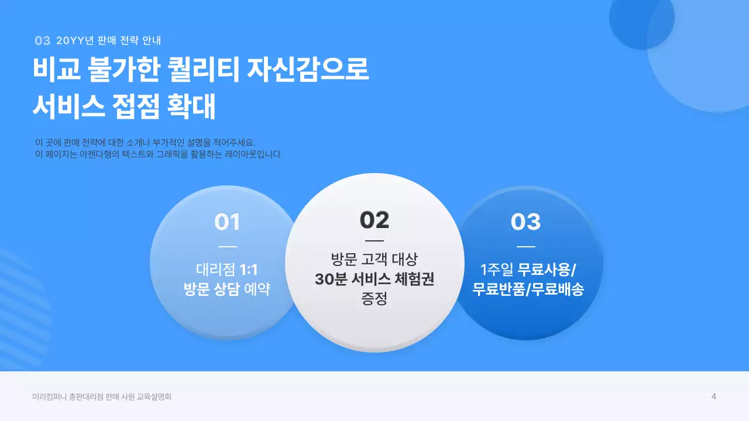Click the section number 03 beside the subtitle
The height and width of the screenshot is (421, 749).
[42, 41]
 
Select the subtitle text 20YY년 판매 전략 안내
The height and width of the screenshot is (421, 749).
[108, 41]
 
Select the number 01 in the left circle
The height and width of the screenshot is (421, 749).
[227, 222]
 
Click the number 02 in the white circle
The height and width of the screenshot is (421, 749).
[374, 220]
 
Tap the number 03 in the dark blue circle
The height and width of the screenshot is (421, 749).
[525, 222]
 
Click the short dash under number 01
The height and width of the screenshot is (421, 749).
[227, 247]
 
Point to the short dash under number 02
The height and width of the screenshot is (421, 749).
[374, 240]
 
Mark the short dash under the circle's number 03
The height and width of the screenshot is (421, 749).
[525, 247]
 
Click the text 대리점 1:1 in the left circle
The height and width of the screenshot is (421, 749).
[227, 270]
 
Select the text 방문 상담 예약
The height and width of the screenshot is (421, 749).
[227, 289]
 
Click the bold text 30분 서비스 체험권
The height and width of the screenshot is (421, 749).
[374, 279]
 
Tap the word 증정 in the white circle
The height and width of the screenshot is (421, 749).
[374, 299]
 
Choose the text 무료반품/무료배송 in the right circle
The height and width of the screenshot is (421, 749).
[528, 289]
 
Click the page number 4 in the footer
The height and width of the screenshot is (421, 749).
[714, 396]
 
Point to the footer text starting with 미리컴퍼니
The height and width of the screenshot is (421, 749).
[102, 397]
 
